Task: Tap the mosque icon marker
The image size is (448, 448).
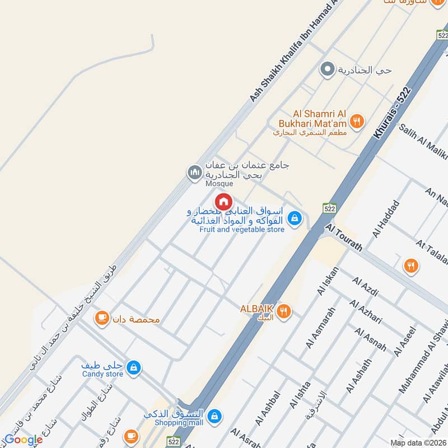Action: [194, 171]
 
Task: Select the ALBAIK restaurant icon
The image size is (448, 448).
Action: [284, 311]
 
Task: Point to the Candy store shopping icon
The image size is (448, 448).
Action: [133, 367]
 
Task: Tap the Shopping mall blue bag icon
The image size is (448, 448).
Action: [213, 416]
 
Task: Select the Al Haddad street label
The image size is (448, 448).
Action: [388, 218]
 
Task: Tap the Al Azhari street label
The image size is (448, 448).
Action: [366, 312]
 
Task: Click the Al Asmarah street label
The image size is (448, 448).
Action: [320, 328]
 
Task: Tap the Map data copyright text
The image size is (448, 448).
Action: [419, 443]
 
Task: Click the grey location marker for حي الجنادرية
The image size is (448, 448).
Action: [326, 70]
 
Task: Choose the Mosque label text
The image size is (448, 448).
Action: [219, 183]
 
